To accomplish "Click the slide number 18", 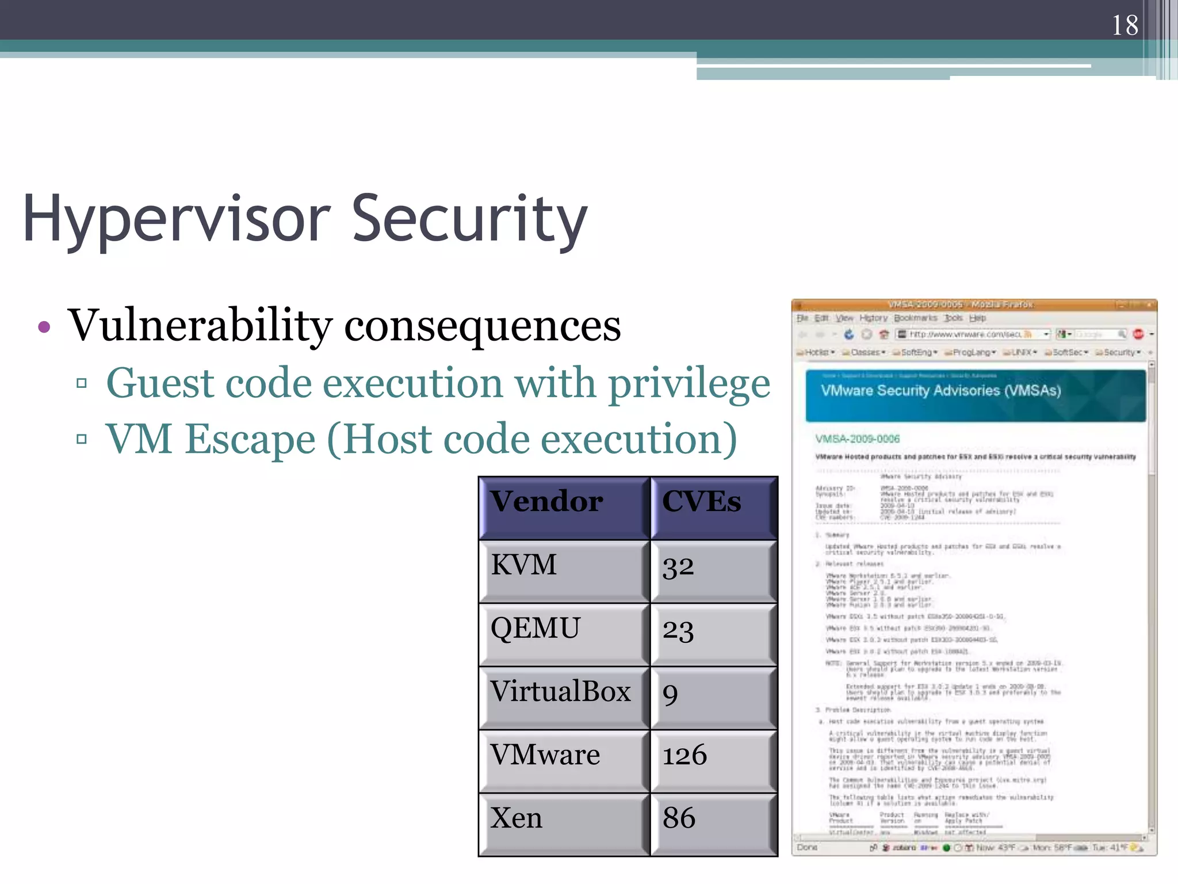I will coord(1125,25).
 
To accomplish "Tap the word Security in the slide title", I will coord(469,219).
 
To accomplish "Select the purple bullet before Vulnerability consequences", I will coord(44,327).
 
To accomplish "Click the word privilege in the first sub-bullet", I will coord(689,384).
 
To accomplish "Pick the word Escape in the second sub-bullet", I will coord(250,439).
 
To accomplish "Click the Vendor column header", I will coord(546,501).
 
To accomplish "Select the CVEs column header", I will coord(701,501).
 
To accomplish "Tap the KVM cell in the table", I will coord(523,565).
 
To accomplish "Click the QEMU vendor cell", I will coord(535,628).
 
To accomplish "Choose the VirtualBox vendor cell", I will coord(560,691).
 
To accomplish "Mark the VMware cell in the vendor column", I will coord(545,755).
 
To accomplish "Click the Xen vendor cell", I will coord(516,818).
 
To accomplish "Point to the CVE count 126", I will coord(684,755).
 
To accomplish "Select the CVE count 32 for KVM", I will coord(678,566).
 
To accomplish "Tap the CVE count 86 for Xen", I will coord(679,818).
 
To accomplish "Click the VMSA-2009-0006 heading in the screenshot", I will coord(857,439).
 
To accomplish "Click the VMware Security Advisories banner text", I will coord(940,391).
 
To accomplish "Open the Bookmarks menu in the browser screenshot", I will coord(915,318).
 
